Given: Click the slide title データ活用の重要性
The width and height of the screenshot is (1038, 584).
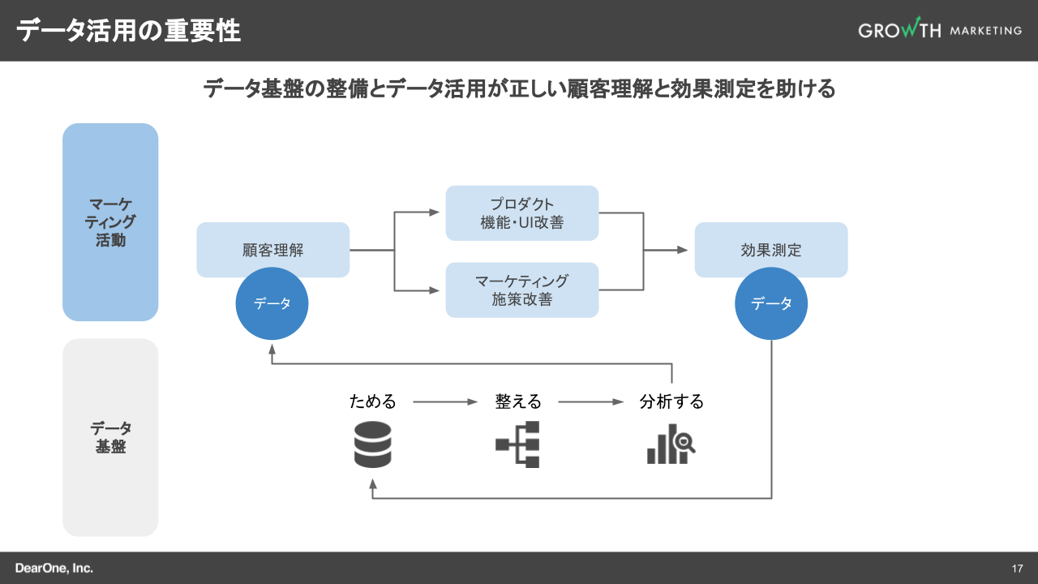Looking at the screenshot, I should [x=128, y=31].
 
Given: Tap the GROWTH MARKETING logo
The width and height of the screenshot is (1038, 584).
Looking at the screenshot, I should [x=940, y=29].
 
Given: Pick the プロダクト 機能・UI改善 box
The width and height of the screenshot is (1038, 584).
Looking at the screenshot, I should [x=521, y=213].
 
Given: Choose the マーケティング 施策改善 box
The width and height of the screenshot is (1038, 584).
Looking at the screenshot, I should [x=521, y=290].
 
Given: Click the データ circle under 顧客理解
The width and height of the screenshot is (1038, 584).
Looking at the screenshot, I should [x=272, y=303].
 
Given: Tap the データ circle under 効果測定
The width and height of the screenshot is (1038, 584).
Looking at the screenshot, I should [x=771, y=303].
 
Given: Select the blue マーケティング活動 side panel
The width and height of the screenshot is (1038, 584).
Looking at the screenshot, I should [x=110, y=221].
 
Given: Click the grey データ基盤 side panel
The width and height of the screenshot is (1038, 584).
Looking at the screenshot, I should [x=110, y=437].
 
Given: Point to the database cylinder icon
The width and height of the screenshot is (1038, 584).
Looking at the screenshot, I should [x=372, y=444].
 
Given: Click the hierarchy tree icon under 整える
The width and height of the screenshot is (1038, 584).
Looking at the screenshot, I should [x=517, y=444].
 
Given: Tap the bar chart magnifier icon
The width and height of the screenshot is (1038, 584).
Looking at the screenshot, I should [x=671, y=444].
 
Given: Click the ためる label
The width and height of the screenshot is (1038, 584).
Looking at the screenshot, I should [x=373, y=401].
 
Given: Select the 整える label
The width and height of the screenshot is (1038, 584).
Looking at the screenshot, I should [x=518, y=401].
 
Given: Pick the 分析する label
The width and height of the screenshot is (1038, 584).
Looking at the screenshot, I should [x=671, y=401].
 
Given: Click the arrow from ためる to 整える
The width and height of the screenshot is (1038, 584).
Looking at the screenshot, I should [x=445, y=401].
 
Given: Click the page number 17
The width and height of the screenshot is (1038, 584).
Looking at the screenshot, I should [x=1017, y=568].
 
